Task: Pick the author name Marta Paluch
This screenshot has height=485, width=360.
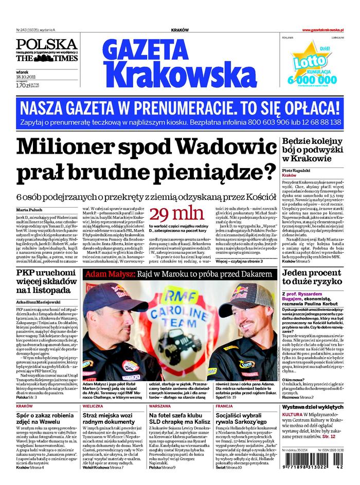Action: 29,211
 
